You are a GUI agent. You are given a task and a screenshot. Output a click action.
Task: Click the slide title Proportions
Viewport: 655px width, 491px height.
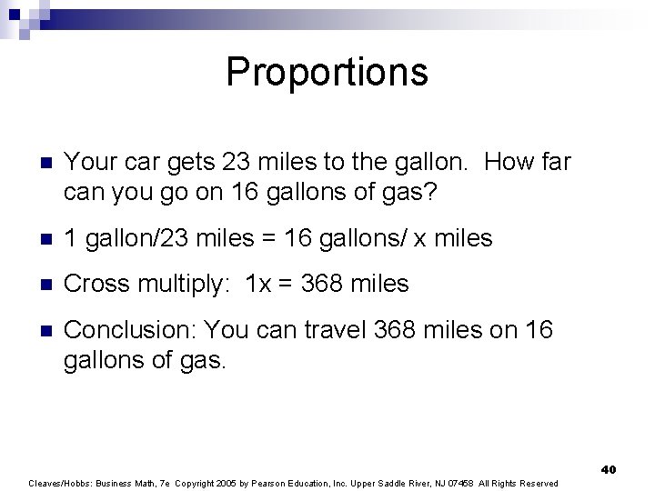point(327,71)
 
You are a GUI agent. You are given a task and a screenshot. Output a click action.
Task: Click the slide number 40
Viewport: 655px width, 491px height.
point(609,469)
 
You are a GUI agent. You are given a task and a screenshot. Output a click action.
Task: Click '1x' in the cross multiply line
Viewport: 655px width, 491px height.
point(260,285)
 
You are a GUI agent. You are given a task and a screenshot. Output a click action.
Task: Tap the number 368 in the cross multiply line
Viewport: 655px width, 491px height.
point(321,285)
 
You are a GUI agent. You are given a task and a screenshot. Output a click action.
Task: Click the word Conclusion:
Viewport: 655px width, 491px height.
point(131,330)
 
